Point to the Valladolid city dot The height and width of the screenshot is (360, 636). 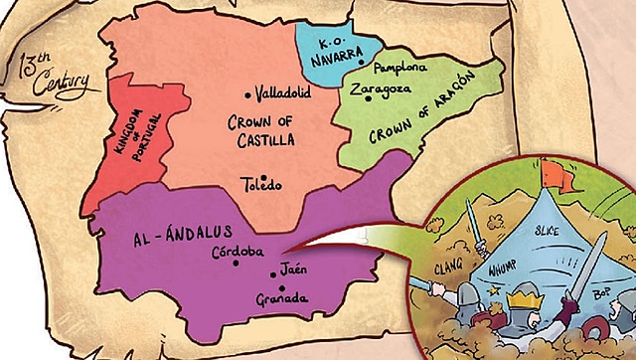248,94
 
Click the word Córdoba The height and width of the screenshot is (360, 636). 237,252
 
